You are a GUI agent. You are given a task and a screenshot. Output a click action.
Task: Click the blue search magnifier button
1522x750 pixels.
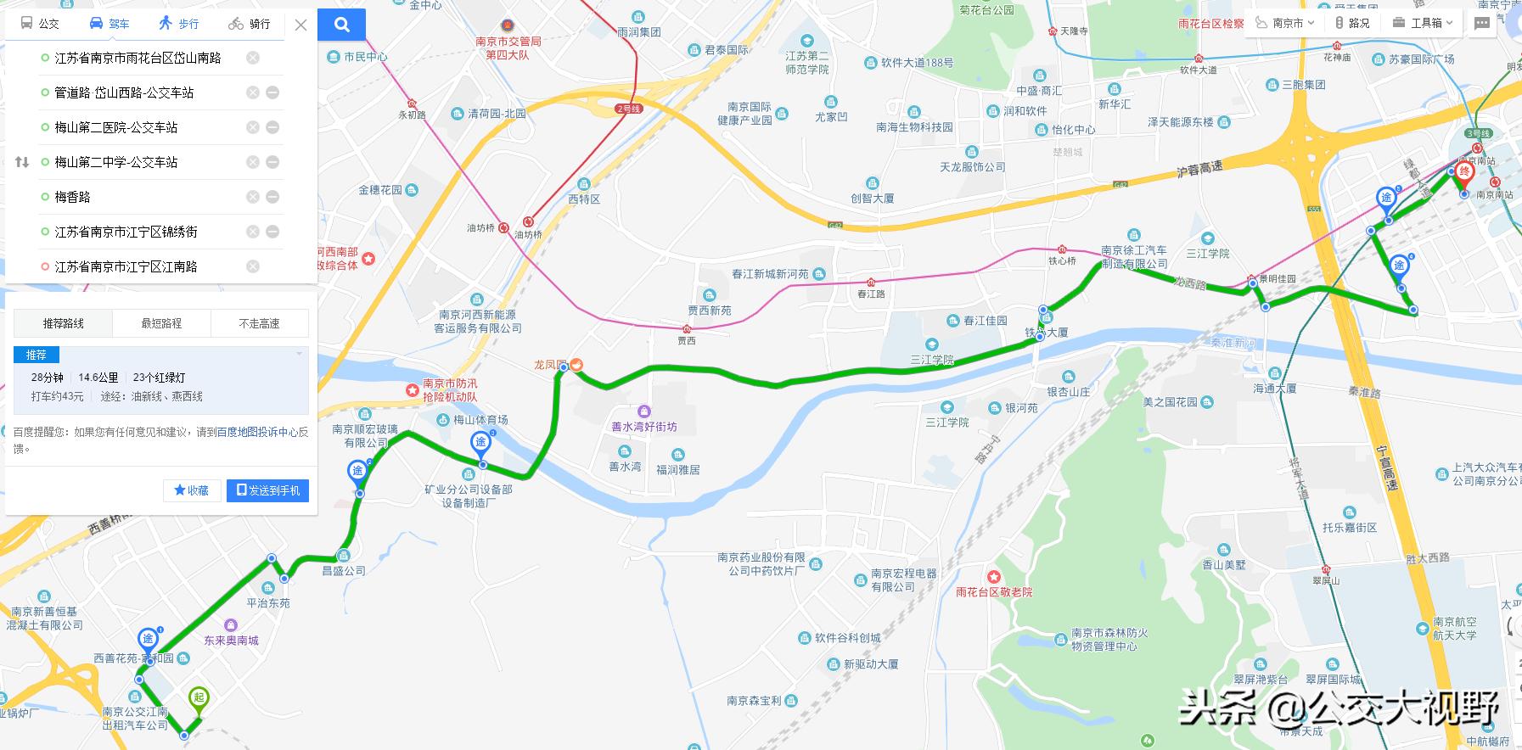342,25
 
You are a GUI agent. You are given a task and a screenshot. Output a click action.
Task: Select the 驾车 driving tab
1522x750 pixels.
110,24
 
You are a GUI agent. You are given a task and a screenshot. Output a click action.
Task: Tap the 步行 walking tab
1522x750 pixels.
179,24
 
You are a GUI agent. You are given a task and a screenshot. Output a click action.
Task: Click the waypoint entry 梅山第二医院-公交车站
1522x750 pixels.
116,127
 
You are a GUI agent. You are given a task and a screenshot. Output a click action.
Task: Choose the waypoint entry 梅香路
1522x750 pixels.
72,197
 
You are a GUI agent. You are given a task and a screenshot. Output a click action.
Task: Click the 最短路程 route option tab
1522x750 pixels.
161,323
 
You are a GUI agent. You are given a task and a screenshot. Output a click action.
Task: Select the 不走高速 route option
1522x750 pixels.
259,323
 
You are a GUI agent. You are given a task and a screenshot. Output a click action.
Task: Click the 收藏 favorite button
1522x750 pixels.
192,490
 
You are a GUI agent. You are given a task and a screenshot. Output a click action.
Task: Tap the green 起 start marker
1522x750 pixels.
198,699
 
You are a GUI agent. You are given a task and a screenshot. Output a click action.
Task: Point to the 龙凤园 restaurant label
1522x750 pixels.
550,365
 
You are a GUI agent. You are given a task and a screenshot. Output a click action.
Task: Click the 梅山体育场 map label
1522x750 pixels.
480,420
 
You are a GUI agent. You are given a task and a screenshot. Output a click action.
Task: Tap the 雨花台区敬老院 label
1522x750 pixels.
993,592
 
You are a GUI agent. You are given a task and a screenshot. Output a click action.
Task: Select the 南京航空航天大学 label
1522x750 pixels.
1454,629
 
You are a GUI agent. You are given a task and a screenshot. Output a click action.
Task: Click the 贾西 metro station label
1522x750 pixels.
686,340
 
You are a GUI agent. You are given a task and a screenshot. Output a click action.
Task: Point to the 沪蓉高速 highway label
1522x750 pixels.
1199,169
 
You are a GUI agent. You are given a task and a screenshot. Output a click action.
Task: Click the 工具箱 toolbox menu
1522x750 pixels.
1425,23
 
